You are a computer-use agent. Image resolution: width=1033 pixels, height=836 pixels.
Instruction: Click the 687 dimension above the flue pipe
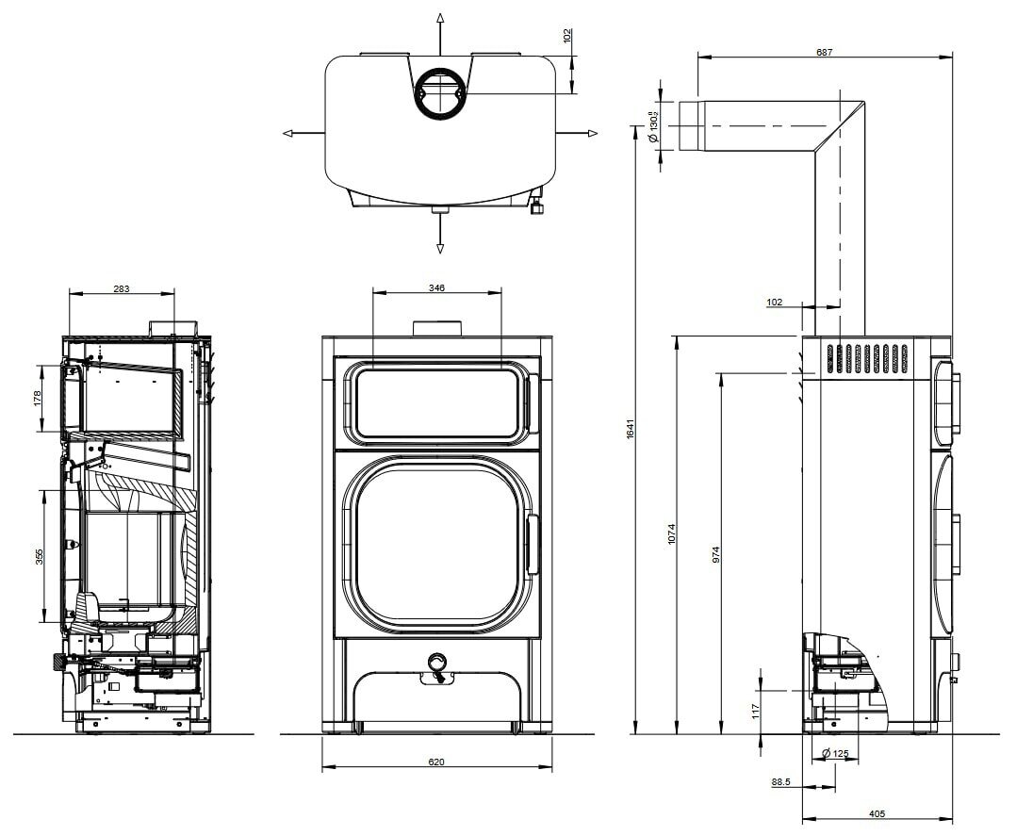pos(824,52)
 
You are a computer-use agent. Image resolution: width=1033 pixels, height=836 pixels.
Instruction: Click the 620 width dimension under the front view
pos(435,762)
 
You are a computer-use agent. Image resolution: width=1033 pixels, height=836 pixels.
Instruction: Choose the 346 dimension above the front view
pos(435,287)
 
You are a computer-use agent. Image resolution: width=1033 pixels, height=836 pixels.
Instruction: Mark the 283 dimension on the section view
pos(122,288)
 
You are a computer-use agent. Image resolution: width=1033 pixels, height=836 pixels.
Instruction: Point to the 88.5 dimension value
pos(780,782)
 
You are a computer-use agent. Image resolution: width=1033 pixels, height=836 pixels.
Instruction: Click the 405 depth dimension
pos(876,813)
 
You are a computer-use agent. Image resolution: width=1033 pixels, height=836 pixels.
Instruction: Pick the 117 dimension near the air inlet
pos(755,710)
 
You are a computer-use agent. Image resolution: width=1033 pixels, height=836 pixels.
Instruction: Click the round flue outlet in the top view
pos(439,94)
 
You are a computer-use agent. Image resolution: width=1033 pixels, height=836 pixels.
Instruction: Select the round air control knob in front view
pos(436,662)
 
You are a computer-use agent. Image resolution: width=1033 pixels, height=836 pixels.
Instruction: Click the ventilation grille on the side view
pos(866,359)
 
